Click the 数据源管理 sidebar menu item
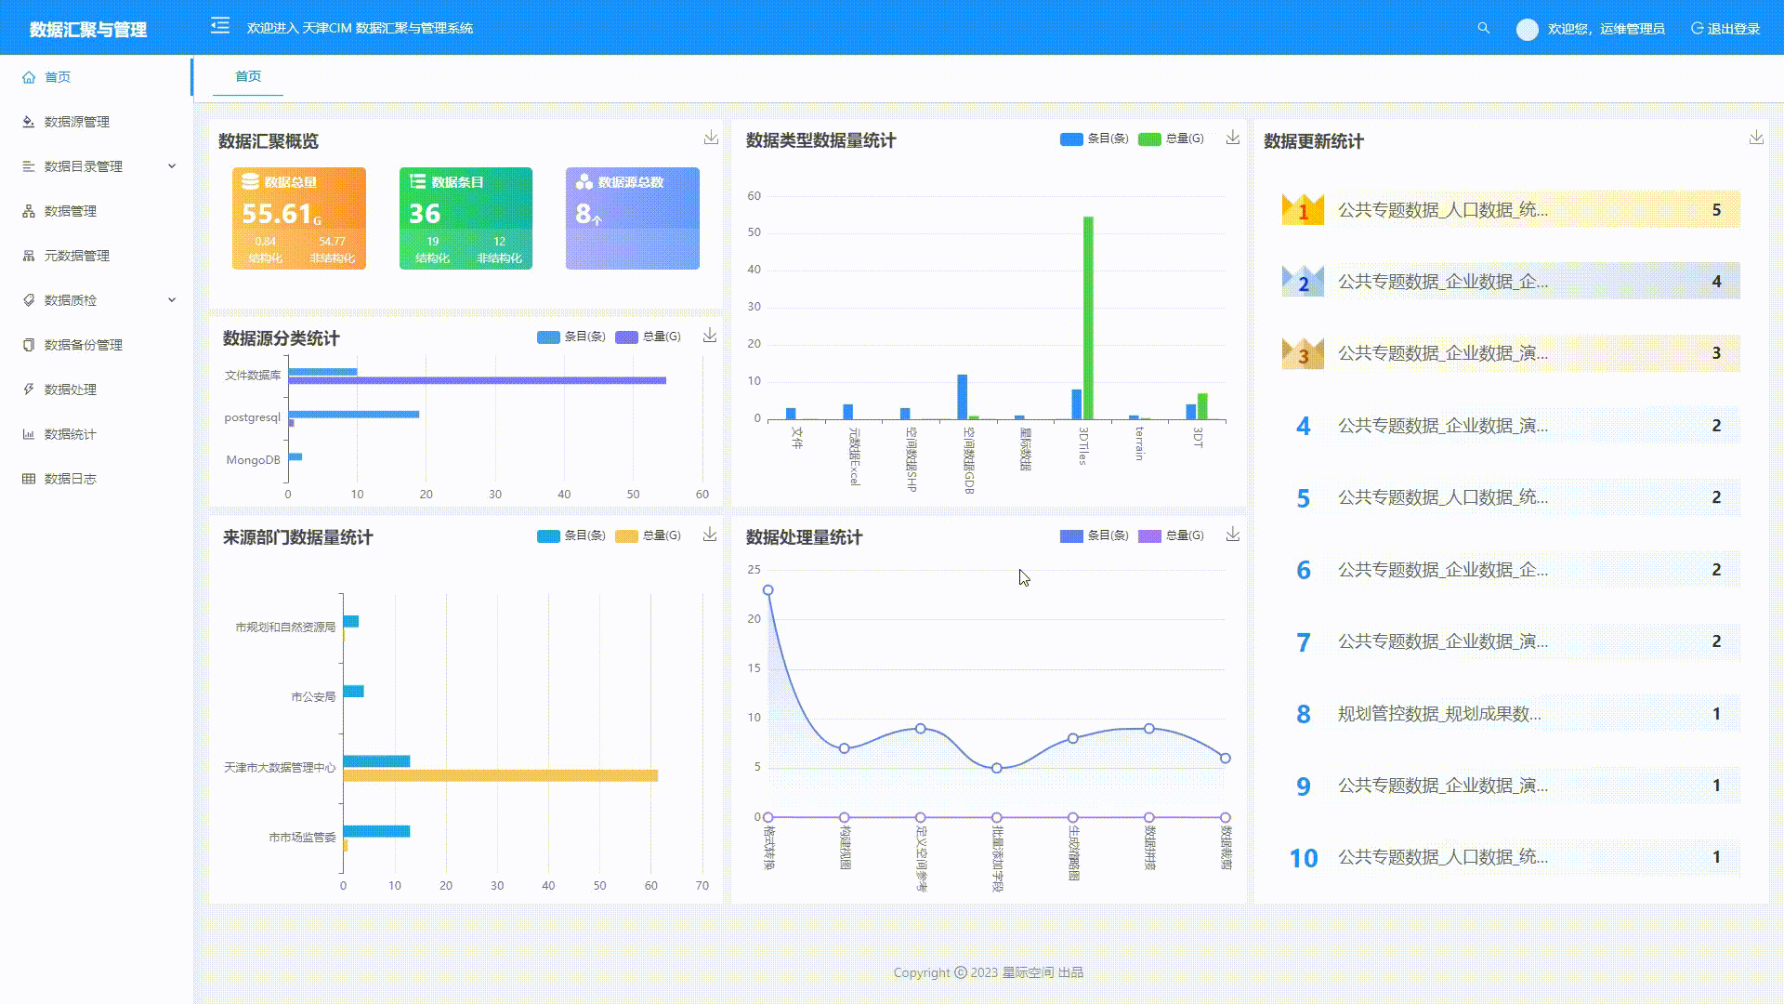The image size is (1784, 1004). click(x=76, y=122)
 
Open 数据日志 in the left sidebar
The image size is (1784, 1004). click(x=70, y=479)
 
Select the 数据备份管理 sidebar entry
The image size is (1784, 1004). click(x=83, y=345)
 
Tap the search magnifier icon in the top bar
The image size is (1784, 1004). click(x=1484, y=29)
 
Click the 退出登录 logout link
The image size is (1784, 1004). click(x=1725, y=29)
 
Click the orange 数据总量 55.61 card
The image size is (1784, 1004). click(x=298, y=218)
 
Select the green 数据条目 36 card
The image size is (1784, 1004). click(x=466, y=218)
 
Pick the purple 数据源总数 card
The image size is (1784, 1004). click(x=632, y=218)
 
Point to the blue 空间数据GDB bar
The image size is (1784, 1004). click(x=963, y=397)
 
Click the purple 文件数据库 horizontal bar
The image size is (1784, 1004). click(x=477, y=380)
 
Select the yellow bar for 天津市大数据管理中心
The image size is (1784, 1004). click(x=500, y=775)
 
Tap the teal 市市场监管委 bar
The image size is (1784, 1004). click(x=376, y=831)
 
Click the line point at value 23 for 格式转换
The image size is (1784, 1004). click(x=767, y=590)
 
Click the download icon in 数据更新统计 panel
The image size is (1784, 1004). click(x=1756, y=138)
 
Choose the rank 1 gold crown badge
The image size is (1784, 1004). click(x=1303, y=210)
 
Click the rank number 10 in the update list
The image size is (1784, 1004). click(x=1303, y=857)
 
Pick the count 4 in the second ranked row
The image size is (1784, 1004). click(x=1716, y=282)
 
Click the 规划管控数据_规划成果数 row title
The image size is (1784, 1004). click(x=1438, y=714)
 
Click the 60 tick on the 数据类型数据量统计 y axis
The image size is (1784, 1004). click(x=754, y=196)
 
